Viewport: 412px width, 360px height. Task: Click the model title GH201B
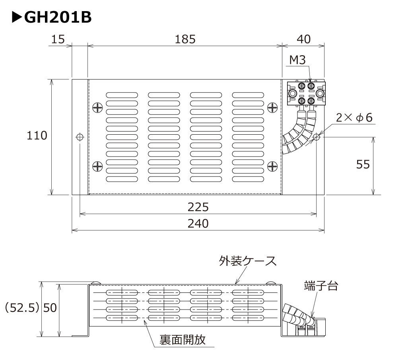coord(52,17)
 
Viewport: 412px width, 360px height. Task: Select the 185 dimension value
coord(185,39)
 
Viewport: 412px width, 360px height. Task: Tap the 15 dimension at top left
coord(58,39)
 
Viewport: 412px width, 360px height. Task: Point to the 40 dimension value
coord(303,39)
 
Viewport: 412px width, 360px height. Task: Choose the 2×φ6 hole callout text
coord(354,118)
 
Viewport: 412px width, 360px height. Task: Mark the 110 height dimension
coord(37,135)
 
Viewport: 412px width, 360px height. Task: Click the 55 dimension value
coord(363,164)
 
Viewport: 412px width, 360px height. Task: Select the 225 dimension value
coord(198,207)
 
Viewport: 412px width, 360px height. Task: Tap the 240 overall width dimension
coord(198,223)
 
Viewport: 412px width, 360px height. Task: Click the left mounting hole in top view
coord(80,137)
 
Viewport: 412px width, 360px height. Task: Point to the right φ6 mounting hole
coord(317,137)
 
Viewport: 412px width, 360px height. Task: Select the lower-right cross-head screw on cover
coord(272,166)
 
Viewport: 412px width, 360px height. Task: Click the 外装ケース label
coord(247,261)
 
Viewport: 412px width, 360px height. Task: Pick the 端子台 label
coord(321,285)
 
